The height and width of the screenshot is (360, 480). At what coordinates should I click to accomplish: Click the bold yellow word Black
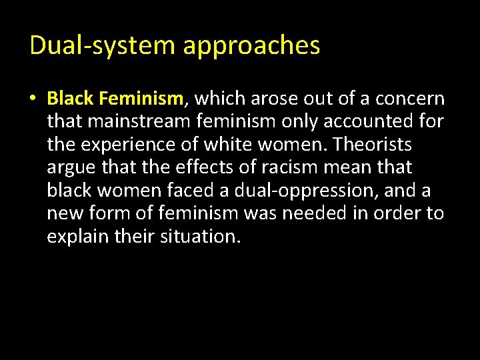(x=70, y=99)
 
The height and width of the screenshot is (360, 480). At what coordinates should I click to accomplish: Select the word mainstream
(x=139, y=122)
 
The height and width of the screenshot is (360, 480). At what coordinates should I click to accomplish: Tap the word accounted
(x=363, y=122)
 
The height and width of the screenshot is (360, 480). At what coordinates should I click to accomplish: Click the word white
(x=228, y=145)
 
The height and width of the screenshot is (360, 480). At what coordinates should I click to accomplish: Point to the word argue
(x=71, y=168)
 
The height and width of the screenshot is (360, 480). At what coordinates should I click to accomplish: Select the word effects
(x=201, y=167)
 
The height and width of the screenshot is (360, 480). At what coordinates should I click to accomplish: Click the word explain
(x=77, y=237)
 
